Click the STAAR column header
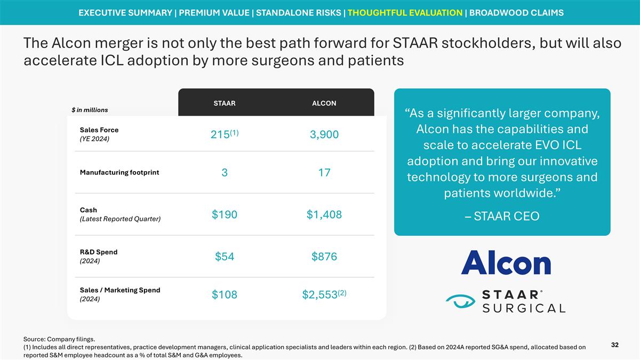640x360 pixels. coord(225,103)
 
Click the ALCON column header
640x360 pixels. coord(324,103)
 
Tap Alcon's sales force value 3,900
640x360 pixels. coord(324,135)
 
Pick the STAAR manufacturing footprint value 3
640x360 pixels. coord(225,173)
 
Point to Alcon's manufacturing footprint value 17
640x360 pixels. coord(324,173)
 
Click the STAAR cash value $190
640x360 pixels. coord(225,214)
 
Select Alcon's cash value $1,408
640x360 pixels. coord(324,214)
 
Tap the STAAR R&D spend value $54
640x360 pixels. coord(225,257)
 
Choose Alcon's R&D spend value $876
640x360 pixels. coord(324,257)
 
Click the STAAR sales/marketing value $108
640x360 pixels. coord(225,295)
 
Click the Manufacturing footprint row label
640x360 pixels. coord(119,172)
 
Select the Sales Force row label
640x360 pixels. coord(99,130)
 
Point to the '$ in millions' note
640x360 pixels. coord(90,110)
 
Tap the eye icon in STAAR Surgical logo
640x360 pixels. coord(460,302)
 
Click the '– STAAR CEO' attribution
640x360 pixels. coord(502,216)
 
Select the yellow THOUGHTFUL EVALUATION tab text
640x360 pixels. coord(405,13)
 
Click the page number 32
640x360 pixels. coord(615,345)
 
